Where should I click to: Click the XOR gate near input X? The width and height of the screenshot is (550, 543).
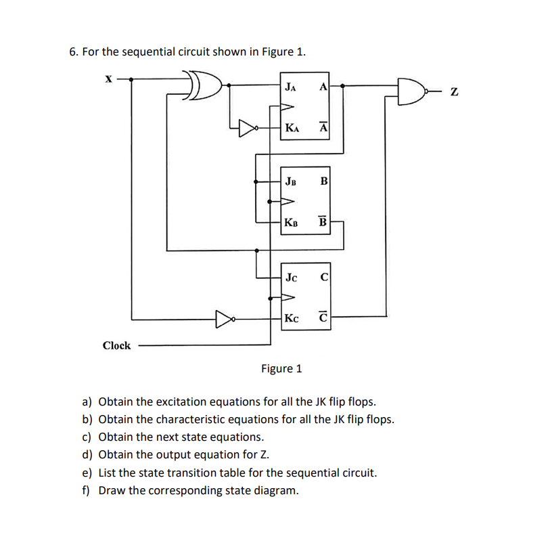coord(205,86)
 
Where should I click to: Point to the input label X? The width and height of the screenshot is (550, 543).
coord(108,79)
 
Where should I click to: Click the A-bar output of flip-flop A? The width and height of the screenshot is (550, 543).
coord(323,127)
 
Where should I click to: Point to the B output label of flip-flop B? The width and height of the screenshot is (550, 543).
coord(323,181)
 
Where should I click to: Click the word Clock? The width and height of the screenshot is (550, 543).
coord(116,345)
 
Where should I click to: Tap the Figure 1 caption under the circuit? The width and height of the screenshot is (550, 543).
coord(281,368)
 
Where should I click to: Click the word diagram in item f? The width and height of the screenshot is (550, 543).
coord(273,490)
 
